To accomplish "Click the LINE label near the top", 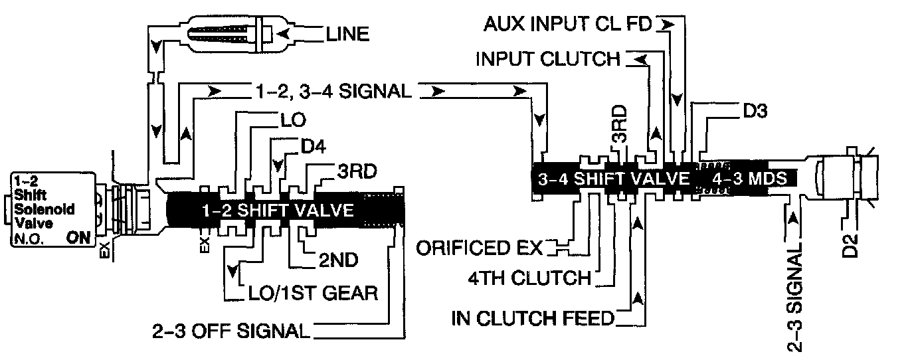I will [347, 34].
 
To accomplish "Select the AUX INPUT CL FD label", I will [567, 25].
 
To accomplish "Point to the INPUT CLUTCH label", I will [547, 60].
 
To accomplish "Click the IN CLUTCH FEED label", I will [532, 319].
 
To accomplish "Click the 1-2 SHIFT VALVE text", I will [278, 211].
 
